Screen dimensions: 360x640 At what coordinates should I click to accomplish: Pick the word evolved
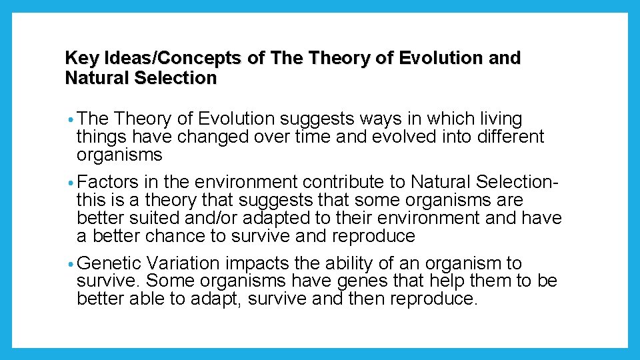[399, 137]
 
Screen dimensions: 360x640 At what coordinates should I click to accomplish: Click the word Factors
[108, 182]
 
